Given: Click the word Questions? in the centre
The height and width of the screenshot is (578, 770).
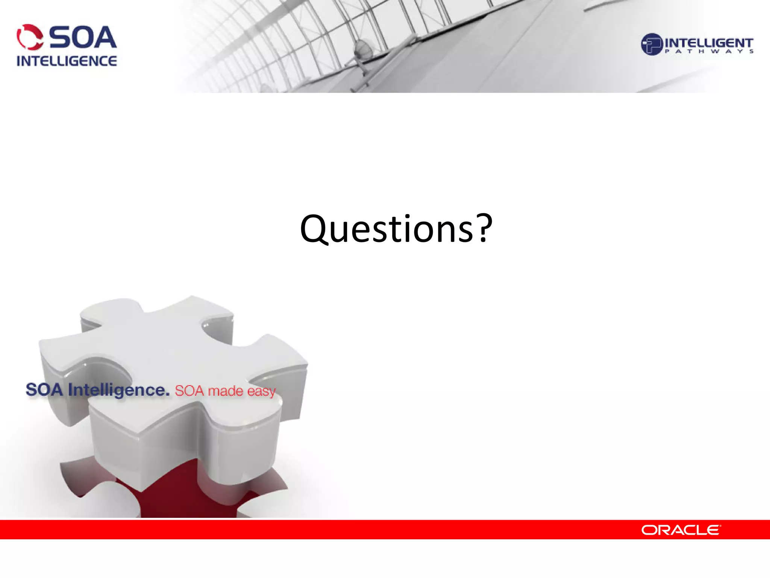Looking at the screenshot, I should (x=396, y=229).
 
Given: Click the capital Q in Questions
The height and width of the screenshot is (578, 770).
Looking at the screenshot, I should (x=315, y=229).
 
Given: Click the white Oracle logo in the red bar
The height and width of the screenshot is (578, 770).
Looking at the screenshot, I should (x=681, y=530).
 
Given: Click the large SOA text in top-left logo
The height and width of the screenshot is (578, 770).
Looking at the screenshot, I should (x=83, y=38).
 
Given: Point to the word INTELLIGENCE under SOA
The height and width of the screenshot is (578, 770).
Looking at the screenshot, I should (x=67, y=61).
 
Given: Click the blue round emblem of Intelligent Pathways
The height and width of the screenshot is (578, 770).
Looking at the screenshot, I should (x=651, y=44).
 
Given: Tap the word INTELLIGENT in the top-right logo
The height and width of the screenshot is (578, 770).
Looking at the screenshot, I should (x=709, y=43).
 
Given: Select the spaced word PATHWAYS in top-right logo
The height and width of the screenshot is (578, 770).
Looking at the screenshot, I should (x=709, y=52).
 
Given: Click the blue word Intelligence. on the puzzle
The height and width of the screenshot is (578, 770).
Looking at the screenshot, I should (x=119, y=390).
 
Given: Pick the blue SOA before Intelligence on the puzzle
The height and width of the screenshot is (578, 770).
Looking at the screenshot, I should (x=44, y=389).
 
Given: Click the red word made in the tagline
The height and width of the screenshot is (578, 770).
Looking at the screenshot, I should (x=226, y=391).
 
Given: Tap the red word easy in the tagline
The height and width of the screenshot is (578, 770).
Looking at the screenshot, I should (x=261, y=392).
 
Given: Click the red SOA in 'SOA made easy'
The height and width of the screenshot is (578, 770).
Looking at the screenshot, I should (x=189, y=391).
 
